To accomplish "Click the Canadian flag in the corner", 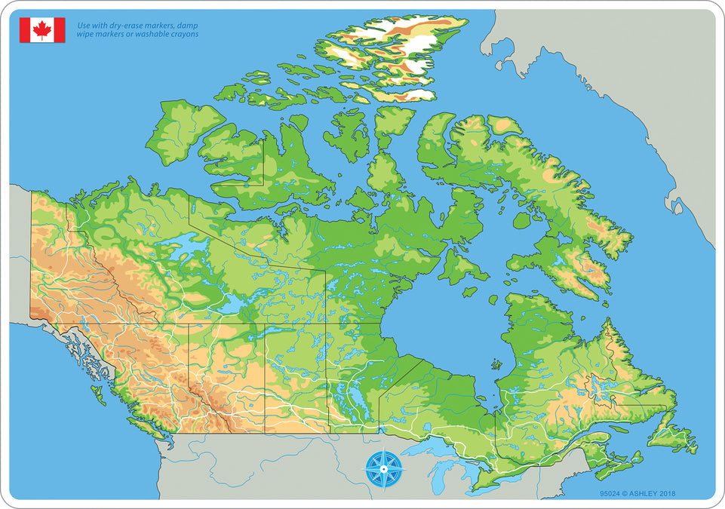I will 42,30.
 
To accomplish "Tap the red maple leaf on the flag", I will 42,30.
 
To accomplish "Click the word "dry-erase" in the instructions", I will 124,25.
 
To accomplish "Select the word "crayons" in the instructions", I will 183,35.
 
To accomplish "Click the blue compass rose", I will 383,468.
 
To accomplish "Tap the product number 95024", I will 610,495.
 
